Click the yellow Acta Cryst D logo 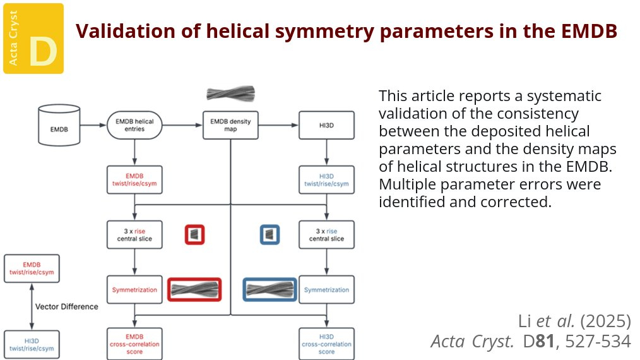pyautogui.click(x=33, y=38)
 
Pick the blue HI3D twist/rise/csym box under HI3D pyautogui.click(x=326, y=179)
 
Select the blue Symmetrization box pyautogui.click(x=326, y=290)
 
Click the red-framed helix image pyautogui.click(x=194, y=290)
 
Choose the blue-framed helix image pyautogui.click(x=270, y=290)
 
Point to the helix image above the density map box pyautogui.click(x=230, y=94)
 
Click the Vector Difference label pyautogui.click(x=67, y=306)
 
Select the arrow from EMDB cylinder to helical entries pyautogui.click(x=92, y=125)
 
